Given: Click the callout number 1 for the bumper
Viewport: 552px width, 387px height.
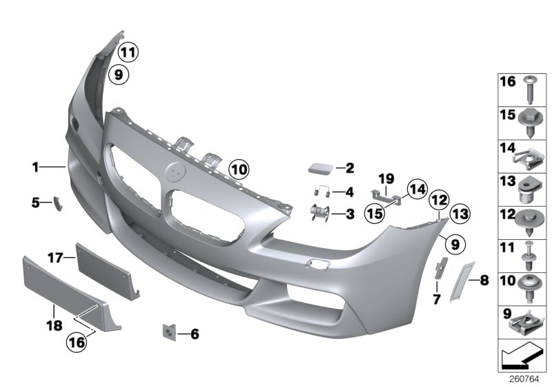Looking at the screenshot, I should [x=35, y=167].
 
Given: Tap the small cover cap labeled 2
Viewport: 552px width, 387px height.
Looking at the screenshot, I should [x=321, y=168].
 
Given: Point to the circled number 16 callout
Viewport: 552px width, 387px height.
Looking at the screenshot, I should [x=77, y=341].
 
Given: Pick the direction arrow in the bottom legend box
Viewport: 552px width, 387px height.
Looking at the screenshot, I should [x=522, y=357].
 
